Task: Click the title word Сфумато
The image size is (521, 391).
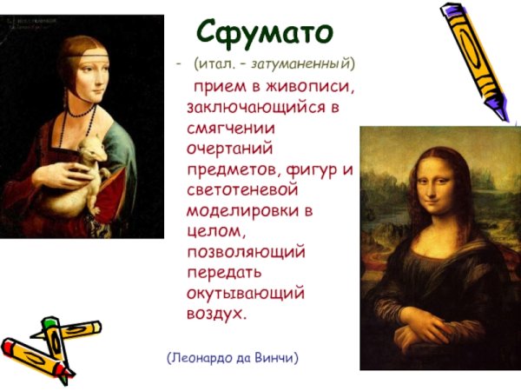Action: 264,33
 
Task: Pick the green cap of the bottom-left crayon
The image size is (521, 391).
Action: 50,323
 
